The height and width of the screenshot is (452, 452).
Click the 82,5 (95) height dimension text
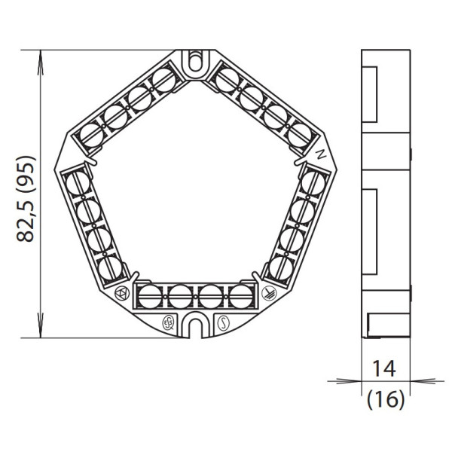(x=26, y=199)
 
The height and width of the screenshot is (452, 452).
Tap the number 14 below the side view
(x=384, y=368)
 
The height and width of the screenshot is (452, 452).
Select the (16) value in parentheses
(x=386, y=399)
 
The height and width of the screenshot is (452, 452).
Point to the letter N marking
(x=321, y=154)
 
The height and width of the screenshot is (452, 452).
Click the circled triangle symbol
(x=122, y=294)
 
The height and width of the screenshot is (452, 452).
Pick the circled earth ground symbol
(x=269, y=293)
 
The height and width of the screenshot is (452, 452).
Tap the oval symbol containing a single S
(x=223, y=323)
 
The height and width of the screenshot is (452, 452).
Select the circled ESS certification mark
(x=168, y=323)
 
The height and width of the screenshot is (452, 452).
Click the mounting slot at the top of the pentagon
(x=195, y=62)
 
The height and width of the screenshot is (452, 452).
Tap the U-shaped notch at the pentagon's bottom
(x=195, y=325)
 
